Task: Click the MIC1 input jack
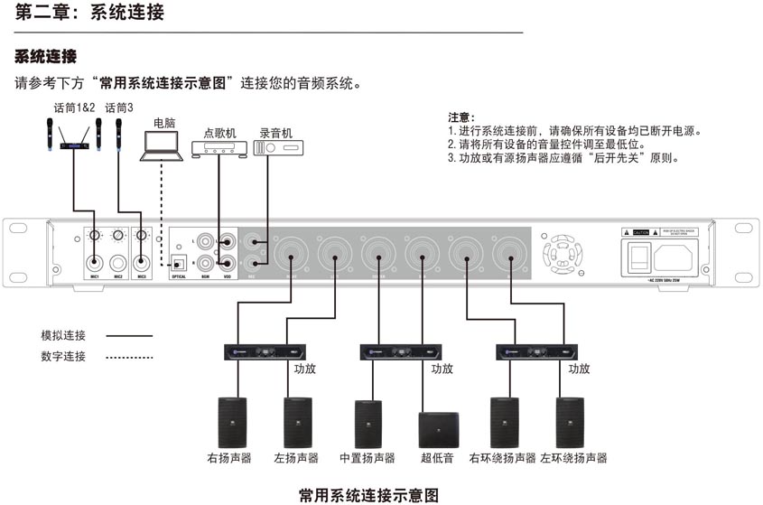[x=94, y=263]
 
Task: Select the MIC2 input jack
[x=118, y=263]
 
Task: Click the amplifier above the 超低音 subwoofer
[x=400, y=351]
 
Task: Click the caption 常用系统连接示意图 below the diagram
[x=368, y=494]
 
